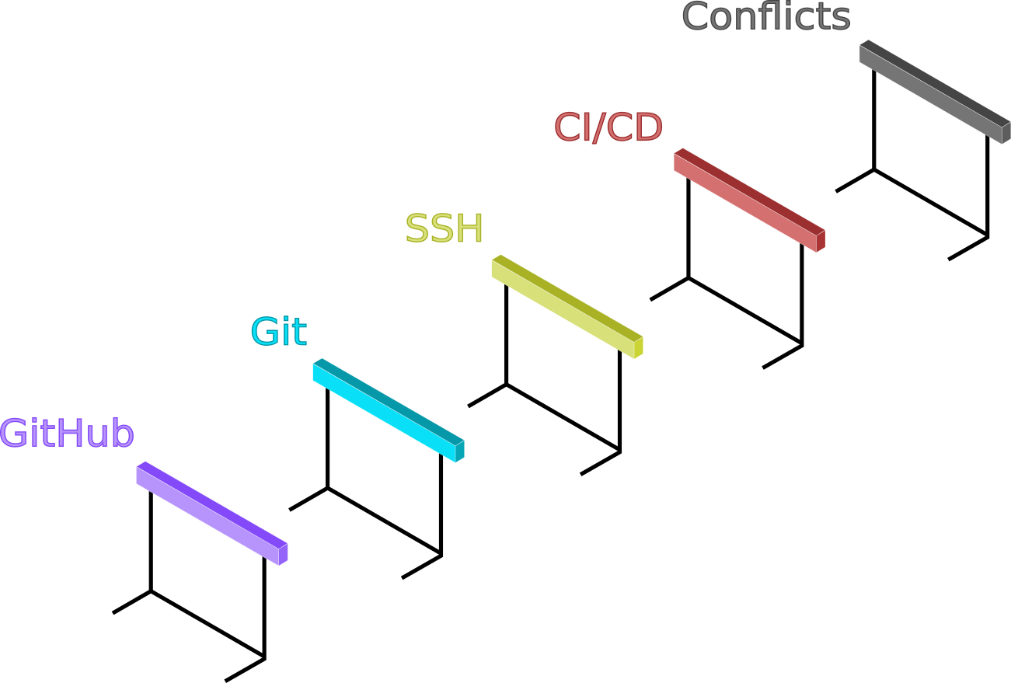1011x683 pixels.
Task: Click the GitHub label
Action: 67,434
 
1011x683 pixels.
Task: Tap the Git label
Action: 278,332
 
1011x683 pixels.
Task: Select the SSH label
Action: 444,228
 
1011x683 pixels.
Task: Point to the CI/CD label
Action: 608,127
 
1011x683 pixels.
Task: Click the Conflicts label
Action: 765,16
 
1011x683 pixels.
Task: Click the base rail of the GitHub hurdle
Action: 207,624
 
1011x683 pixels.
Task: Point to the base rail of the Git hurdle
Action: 385,521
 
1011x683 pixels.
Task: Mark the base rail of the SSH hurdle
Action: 563,417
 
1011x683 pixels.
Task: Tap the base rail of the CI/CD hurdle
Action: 745,311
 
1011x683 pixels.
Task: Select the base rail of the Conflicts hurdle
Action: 931,203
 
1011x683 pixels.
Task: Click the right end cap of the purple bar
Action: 284,554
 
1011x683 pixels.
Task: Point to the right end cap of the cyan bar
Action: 460,451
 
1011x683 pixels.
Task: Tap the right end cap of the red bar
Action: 821,241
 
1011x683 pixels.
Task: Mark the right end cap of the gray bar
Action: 1006,133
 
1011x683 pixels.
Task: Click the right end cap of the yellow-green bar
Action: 639,347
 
